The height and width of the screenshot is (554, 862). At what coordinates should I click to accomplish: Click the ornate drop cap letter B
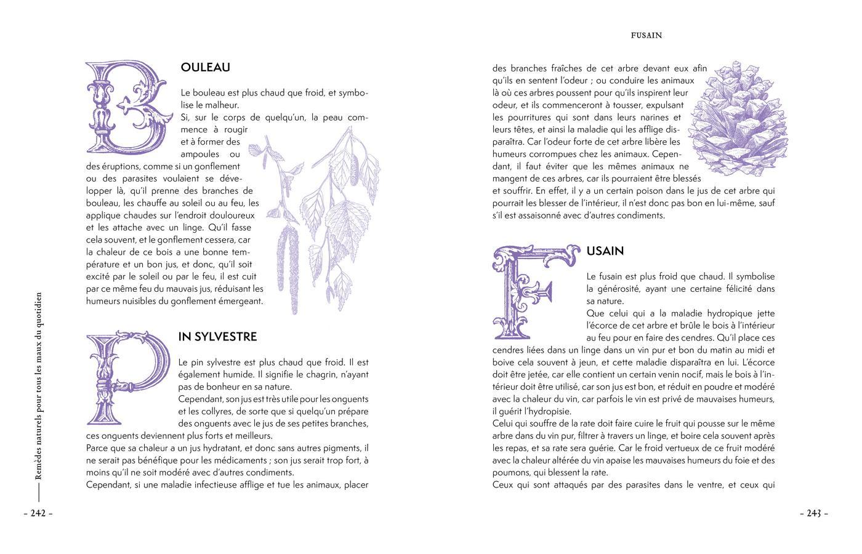(126, 106)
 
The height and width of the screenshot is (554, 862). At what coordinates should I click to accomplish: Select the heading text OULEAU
(206, 68)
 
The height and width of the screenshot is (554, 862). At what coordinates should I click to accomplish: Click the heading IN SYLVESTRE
(217, 337)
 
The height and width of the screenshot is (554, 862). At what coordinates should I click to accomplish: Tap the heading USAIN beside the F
(605, 251)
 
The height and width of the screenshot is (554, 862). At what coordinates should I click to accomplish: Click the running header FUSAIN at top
(646, 36)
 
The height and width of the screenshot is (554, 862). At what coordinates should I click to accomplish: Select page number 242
(38, 513)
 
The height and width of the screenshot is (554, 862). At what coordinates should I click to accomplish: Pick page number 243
(813, 513)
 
